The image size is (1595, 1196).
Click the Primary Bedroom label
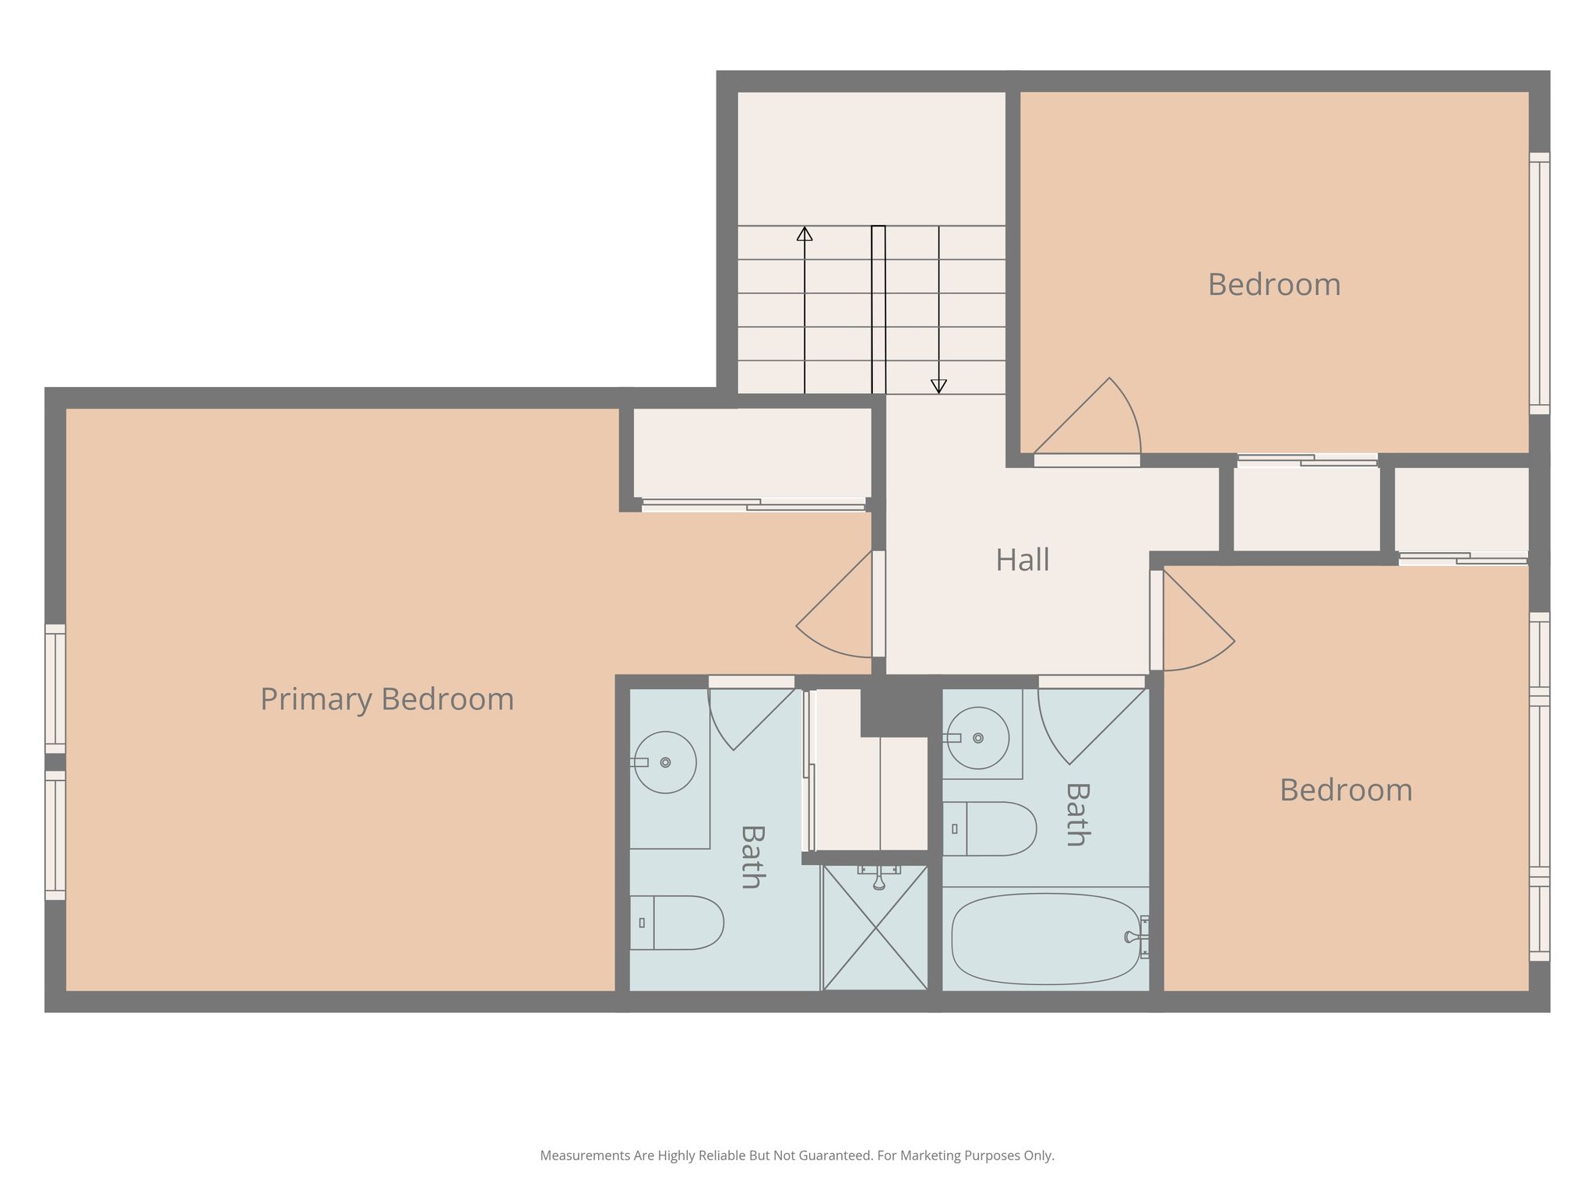pos(387,699)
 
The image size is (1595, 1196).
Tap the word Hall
pos(1023,560)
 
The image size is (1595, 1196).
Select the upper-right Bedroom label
pos(1274,284)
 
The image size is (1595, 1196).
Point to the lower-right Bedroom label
pos(1346,790)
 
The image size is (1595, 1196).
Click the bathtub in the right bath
pos(1047,938)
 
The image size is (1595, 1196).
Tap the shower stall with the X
pos(875,927)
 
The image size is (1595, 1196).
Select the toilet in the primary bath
pos(677,923)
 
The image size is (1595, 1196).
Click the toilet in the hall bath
pos(990,828)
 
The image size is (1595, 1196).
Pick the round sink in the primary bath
pos(665,762)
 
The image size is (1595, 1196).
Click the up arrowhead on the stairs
pos(805,234)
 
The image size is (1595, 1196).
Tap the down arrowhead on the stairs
pos(938,386)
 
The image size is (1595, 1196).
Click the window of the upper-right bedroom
pos(1540,283)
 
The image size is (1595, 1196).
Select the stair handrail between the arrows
pos(878,310)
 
